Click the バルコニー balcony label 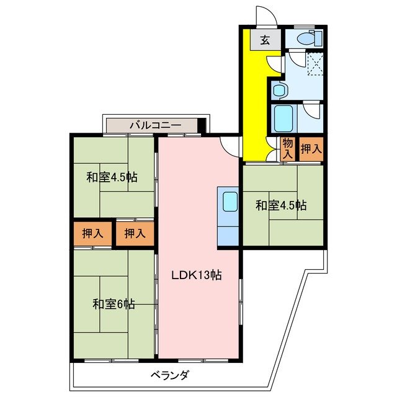click(x=155, y=125)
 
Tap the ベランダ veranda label click(x=169, y=375)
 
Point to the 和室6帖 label click(x=114, y=304)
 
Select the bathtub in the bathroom click(x=284, y=117)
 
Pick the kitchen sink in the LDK click(x=229, y=202)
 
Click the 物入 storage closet click(x=287, y=149)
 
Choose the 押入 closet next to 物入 click(x=311, y=149)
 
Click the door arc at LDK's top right click(x=230, y=146)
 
